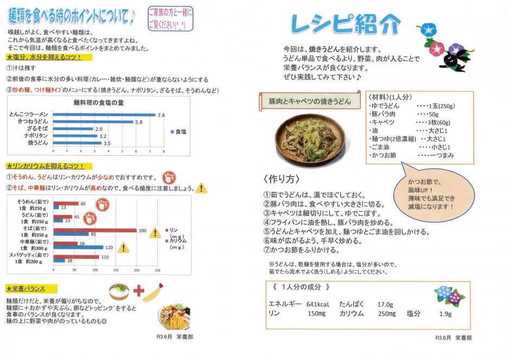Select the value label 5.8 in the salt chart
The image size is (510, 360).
point(139,122)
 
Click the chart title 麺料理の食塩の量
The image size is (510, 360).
point(98,103)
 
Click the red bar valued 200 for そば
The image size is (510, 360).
point(94,230)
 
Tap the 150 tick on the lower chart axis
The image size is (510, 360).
point(116,270)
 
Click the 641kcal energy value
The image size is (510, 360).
point(318,304)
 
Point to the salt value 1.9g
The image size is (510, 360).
point(445,314)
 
